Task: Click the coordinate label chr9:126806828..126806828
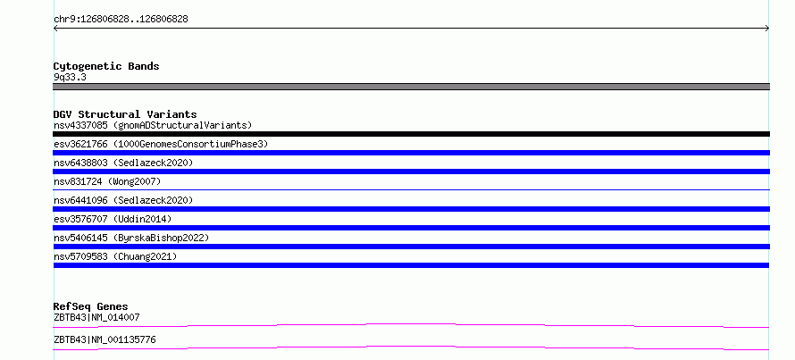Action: (121, 20)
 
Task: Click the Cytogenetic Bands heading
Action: (106, 66)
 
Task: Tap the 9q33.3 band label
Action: (70, 78)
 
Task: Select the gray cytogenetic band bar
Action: (411, 87)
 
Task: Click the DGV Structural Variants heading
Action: (125, 114)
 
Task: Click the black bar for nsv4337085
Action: (411, 134)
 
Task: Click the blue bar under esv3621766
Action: (411, 153)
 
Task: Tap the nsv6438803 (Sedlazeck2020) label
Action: (123, 163)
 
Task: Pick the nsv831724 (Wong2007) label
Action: (107, 181)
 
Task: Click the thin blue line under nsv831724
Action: (411, 189)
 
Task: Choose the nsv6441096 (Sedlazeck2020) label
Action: (123, 200)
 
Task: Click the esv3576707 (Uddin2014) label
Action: (113, 219)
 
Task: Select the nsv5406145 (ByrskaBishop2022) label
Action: (131, 238)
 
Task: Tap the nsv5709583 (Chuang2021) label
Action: (115, 256)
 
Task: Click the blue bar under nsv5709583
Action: (411, 265)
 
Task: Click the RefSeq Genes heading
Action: (90, 306)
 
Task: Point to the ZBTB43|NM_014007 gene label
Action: (96, 317)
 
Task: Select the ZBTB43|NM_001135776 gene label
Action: (105, 339)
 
